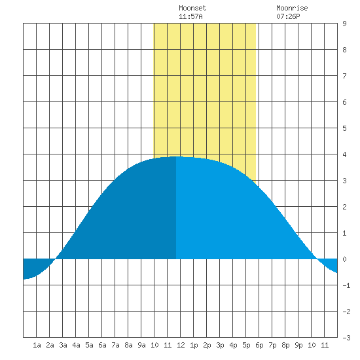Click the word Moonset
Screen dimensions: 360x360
pyautogui.click(x=192, y=8)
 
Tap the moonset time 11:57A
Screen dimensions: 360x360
pyautogui.click(x=190, y=16)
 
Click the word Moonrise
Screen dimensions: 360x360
pyautogui.click(x=292, y=8)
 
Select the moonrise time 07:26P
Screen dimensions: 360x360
pyautogui.click(x=288, y=16)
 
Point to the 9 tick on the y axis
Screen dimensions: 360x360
pyautogui.click(x=344, y=24)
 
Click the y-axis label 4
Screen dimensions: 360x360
pyautogui.click(x=344, y=154)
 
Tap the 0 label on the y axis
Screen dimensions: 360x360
pyautogui.click(x=344, y=259)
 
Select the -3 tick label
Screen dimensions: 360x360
pyautogui.click(x=346, y=338)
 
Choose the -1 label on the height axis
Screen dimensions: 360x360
pyautogui.click(x=346, y=285)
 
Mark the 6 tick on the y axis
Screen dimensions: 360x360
pyautogui.click(x=344, y=102)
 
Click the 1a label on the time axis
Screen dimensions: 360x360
pyautogui.click(x=37, y=345)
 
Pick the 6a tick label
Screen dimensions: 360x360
pyautogui.click(x=102, y=345)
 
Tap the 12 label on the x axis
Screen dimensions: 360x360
pyautogui.click(x=181, y=345)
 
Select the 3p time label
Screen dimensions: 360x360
pyautogui.click(x=220, y=345)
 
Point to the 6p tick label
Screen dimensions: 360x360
pyautogui.click(x=259, y=345)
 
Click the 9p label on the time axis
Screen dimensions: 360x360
pyautogui.click(x=298, y=345)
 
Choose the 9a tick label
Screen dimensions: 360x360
pyautogui.click(x=141, y=345)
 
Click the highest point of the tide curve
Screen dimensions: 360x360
pyautogui.click(x=176, y=156)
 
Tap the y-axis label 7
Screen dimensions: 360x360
pyautogui.click(x=344, y=76)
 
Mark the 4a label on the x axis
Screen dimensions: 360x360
pyautogui.click(x=76, y=345)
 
